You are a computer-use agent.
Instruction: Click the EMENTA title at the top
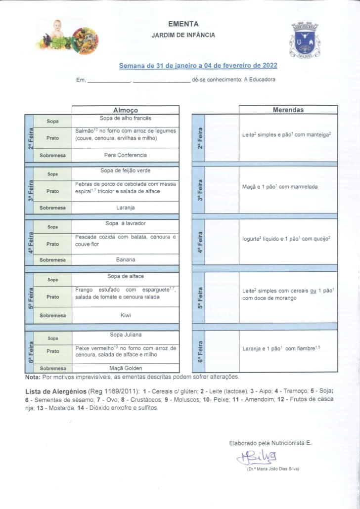pyautogui.click(x=183, y=24)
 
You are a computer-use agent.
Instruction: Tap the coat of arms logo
pyautogui.click(x=305, y=40)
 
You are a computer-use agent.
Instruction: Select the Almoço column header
pyautogui.click(x=126, y=110)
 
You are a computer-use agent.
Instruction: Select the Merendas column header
pyautogui.click(x=288, y=110)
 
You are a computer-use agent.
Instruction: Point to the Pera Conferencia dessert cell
pyautogui.click(x=126, y=155)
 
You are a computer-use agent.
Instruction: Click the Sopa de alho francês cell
pyautogui.click(x=126, y=119)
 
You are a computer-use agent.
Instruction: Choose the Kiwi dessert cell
pyautogui.click(x=126, y=315)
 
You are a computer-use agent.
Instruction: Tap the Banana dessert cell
pyautogui.click(x=126, y=259)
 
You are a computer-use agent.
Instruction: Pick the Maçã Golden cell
pyautogui.click(x=126, y=368)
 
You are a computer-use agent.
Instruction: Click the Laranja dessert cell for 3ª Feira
pyautogui.click(x=126, y=208)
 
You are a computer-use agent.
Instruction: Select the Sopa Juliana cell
pyautogui.click(x=126, y=335)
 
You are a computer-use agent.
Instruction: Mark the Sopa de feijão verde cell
pyautogui.click(x=126, y=170)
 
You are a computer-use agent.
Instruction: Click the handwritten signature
pyautogui.click(x=258, y=457)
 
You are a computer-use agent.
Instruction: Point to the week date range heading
pyautogui.click(x=198, y=66)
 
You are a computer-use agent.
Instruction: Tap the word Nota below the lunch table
pyautogui.click(x=33, y=377)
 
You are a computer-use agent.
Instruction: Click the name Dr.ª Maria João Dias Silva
pyautogui.click(x=273, y=469)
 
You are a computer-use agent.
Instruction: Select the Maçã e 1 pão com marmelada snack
pyautogui.click(x=280, y=187)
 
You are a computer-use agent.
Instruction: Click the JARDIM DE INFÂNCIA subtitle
pyautogui.click(x=183, y=35)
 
